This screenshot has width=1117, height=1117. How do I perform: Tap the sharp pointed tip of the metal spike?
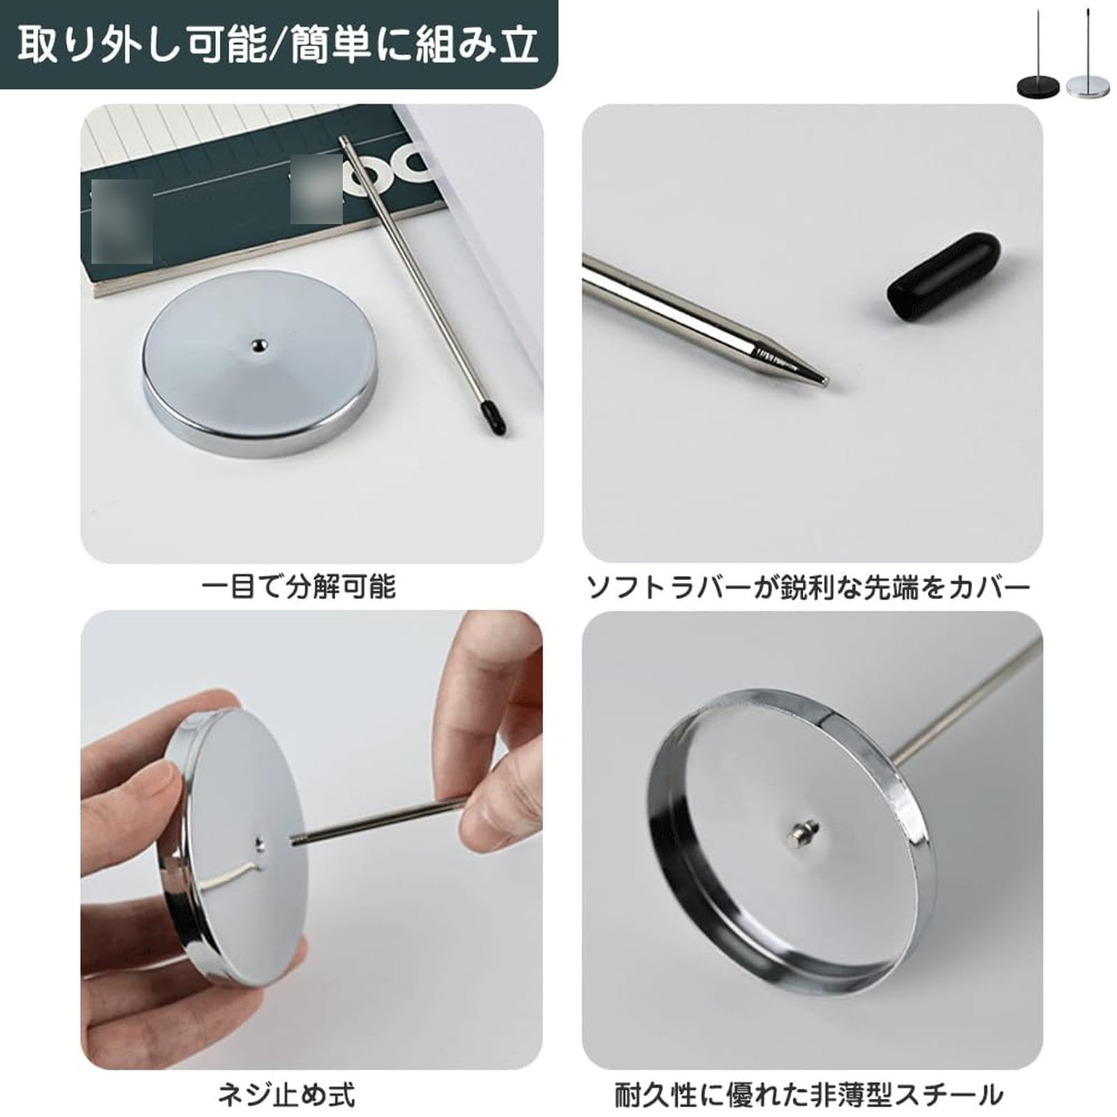click(x=824, y=381)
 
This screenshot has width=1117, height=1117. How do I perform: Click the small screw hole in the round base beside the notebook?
click(x=259, y=344)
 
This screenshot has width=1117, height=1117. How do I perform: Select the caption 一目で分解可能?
click(x=299, y=586)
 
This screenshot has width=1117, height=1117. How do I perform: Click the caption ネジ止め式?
click(x=287, y=1094)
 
